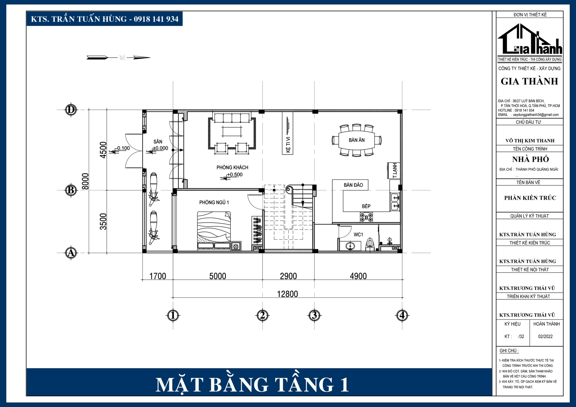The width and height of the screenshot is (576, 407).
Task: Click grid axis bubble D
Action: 71,110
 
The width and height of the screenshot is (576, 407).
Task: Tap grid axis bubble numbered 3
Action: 314,315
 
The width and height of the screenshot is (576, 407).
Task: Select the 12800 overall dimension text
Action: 287,294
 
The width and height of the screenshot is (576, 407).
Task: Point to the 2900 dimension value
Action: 288,276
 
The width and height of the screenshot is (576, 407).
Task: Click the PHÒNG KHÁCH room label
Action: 232,168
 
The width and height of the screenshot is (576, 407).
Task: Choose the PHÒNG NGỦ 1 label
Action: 214,203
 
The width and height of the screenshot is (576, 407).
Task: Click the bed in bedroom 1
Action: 214,230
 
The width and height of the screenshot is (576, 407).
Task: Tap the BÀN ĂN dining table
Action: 356,140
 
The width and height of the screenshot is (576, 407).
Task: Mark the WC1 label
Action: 358,235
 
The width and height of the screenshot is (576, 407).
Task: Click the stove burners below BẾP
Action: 366,217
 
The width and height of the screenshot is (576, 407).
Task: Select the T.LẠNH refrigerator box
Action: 394,171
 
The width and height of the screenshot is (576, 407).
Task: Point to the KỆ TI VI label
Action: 288,145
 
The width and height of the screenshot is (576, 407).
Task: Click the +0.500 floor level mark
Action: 235,175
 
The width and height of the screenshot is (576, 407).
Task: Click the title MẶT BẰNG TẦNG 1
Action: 252,385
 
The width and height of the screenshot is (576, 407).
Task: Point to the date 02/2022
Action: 545,337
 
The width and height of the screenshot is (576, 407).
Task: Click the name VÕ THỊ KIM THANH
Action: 530,141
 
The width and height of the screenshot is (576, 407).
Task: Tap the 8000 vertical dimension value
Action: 85,181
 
